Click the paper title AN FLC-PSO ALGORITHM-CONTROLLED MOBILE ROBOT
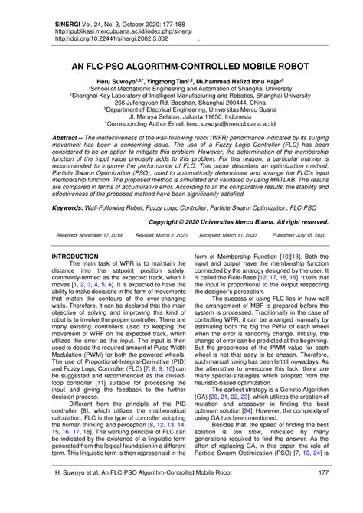coord(181,67)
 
